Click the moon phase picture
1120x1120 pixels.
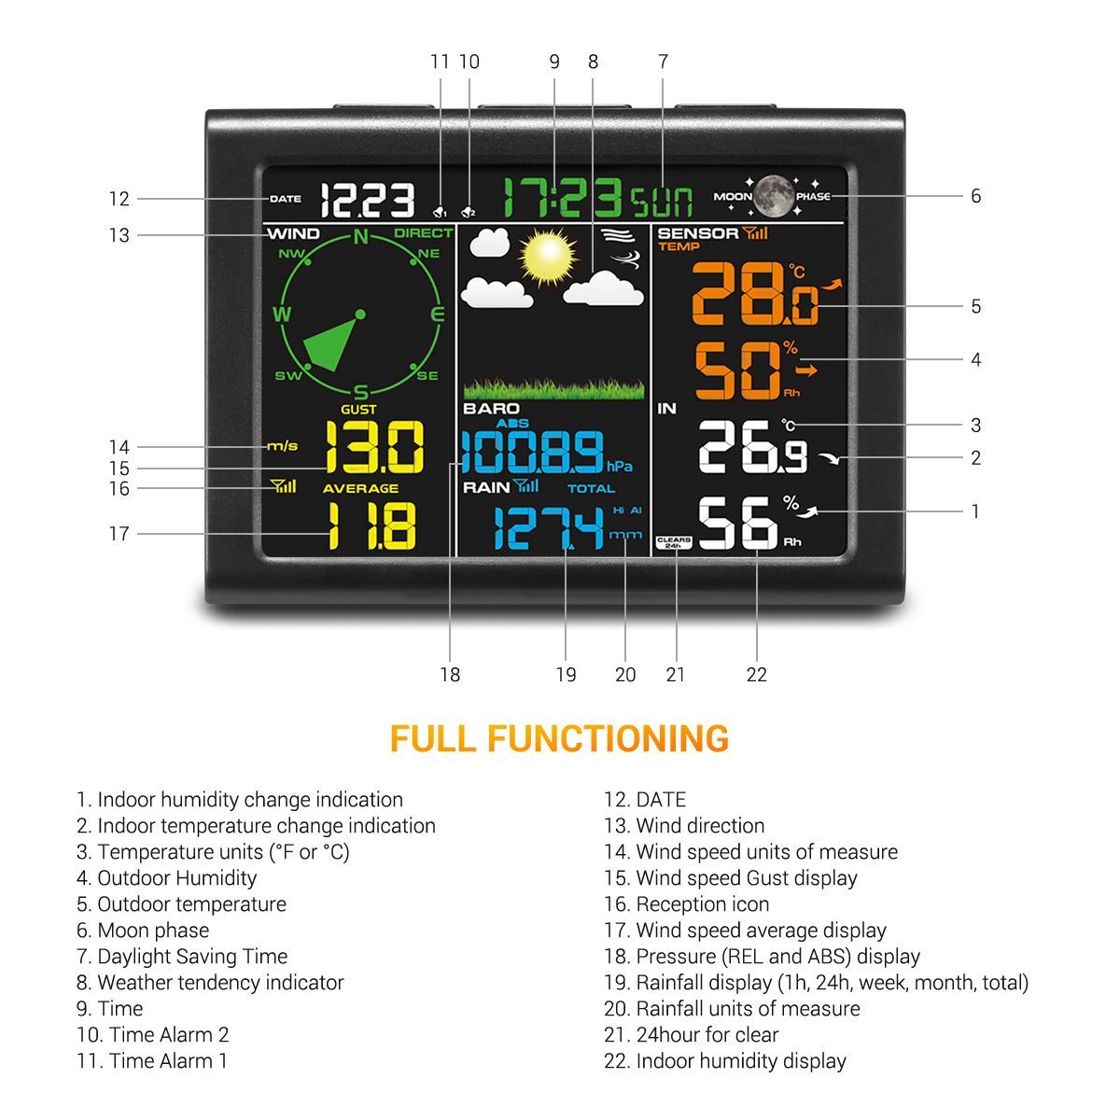point(774,196)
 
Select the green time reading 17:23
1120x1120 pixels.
point(563,198)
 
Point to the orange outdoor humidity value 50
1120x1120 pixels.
point(737,371)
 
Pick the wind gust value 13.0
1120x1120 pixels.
point(374,447)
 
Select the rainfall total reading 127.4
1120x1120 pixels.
point(548,528)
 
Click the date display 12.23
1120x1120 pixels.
point(367,200)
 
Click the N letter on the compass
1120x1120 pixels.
point(360,236)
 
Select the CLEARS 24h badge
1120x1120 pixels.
point(674,542)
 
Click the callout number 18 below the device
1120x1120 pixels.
point(450,675)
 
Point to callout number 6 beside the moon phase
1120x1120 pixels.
point(975,196)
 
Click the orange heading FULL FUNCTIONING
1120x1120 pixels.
point(559,738)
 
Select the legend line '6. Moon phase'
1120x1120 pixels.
point(143,931)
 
